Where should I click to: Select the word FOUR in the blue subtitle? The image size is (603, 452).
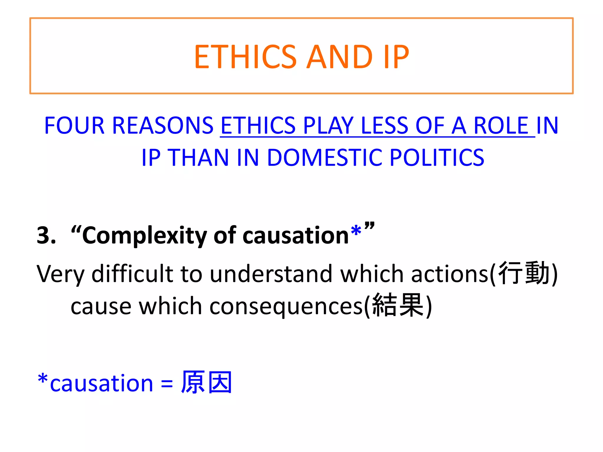click(x=74, y=126)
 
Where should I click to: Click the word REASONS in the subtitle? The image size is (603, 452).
click(x=163, y=126)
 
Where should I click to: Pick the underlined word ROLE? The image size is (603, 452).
click(x=501, y=126)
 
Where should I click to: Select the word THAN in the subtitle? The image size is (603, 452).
click(x=198, y=158)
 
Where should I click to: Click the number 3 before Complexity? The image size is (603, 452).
click(x=44, y=235)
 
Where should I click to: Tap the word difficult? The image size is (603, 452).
click(x=132, y=274)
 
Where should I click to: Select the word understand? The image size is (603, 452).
click(x=271, y=274)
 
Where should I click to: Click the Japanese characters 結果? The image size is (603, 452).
click(x=397, y=305)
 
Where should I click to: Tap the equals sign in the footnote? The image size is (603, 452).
click(x=167, y=384)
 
